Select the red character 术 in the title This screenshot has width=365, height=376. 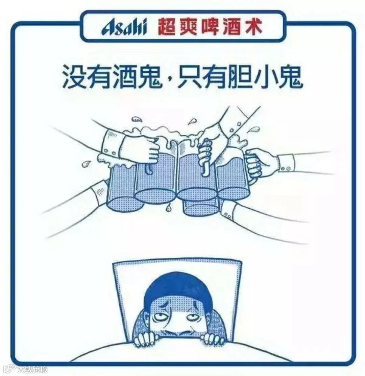(252, 27)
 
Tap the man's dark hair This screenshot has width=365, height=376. (178, 290)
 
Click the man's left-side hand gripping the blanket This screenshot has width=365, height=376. (146, 339)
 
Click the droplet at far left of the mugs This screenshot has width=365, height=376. (86, 164)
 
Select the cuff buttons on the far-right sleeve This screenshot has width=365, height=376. (286, 169)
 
